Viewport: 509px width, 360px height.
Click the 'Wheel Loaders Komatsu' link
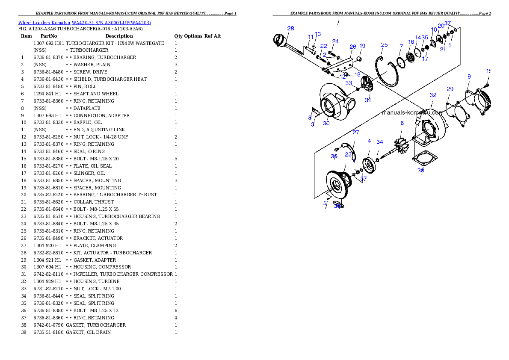click(x=44, y=23)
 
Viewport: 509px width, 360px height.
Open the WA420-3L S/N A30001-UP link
click(x=111, y=23)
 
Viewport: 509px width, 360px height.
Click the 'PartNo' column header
click(x=49, y=36)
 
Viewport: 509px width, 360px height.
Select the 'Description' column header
click(x=119, y=36)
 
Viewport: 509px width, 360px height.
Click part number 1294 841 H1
click(x=47, y=94)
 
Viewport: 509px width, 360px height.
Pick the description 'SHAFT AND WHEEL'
click(x=96, y=94)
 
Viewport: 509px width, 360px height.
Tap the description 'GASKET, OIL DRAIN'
click(x=88, y=332)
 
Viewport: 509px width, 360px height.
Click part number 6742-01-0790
click(x=48, y=325)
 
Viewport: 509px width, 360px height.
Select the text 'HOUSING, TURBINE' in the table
click(x=96, y=281)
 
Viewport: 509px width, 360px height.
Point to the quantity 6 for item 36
click(x=176, y=311)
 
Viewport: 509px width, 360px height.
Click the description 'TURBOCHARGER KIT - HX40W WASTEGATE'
click(x=115, y=43)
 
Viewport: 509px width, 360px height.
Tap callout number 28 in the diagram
click(x=290, y=29)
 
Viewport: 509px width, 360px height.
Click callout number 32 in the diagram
click(x=433, y=95)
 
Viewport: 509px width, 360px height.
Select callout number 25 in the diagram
click(x=385, y=45)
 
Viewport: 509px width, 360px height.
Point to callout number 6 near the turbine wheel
click(x=402, y=123)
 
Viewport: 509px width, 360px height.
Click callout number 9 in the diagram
click(x=469, y=77)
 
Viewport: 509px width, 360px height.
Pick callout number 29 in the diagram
click(x=450, y=89)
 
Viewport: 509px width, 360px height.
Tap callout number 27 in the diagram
click(x=356, y=133)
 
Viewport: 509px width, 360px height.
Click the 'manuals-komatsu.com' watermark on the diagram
click(x=413, y=112)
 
